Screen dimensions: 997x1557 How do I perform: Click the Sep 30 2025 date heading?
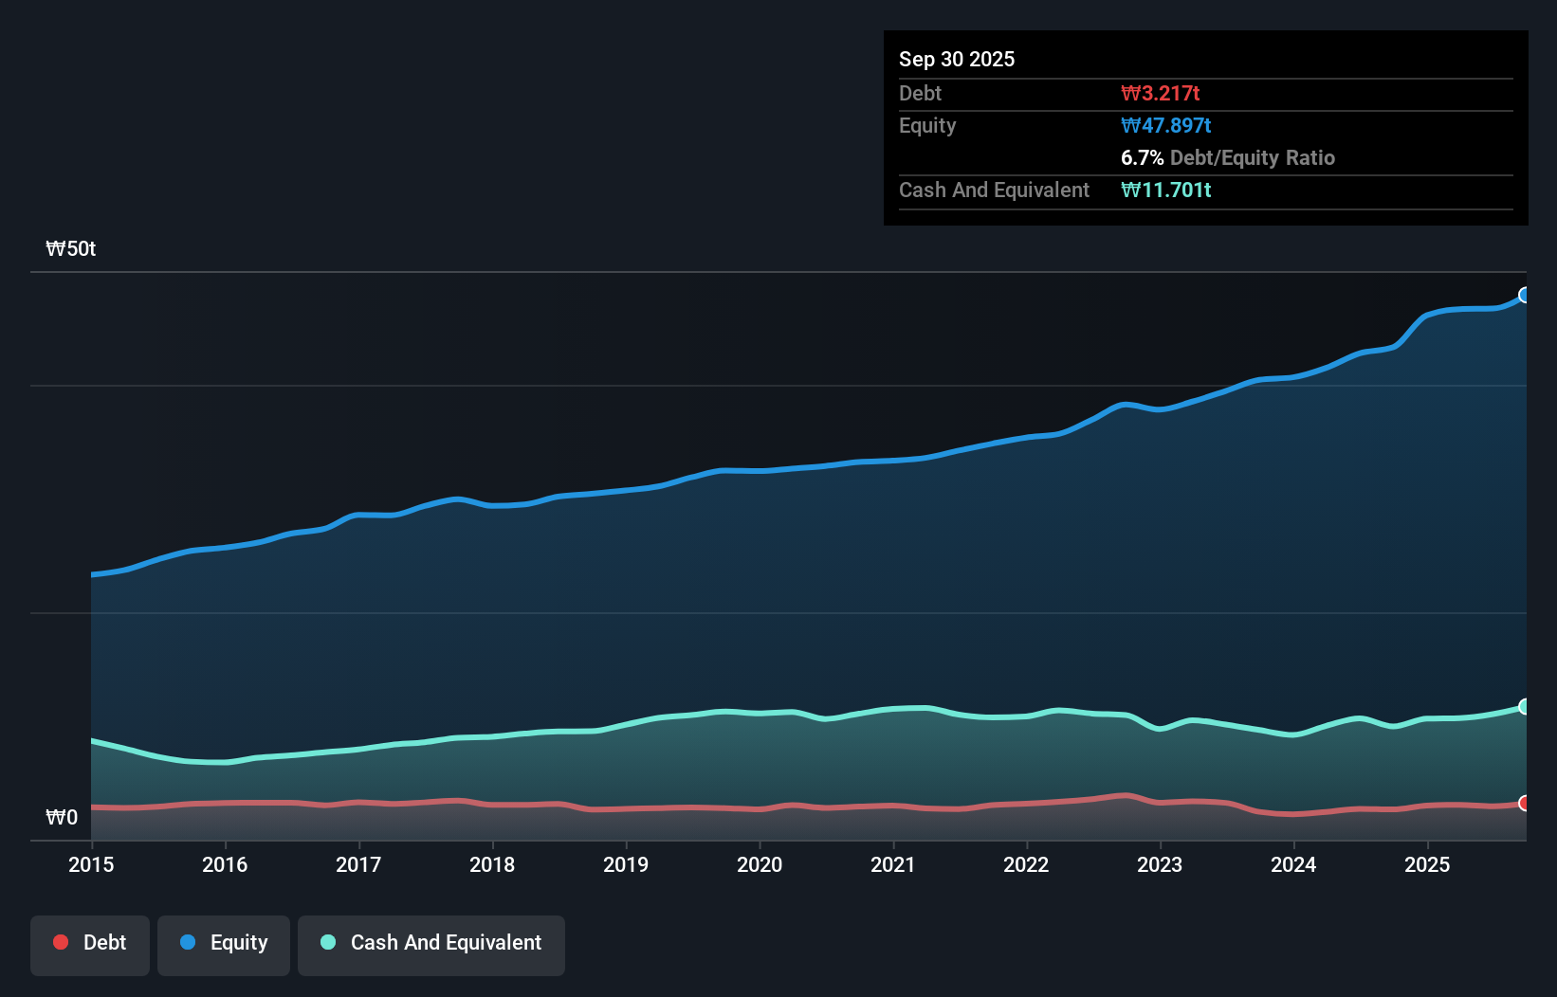(956, 59)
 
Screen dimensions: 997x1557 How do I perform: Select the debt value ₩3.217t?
(1160, 93)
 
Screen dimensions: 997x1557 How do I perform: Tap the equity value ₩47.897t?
(1165, 125)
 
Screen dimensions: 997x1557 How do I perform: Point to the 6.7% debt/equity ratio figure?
(1142, 157)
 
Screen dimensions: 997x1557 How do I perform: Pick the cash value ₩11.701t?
(1165, 190)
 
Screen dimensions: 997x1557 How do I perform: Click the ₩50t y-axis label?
(71, 248)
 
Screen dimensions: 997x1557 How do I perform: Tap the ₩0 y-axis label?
(62, 817)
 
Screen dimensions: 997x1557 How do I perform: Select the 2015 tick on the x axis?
(91, 864)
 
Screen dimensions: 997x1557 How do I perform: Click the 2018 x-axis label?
(492, 864)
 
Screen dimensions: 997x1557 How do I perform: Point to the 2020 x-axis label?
(760, 864)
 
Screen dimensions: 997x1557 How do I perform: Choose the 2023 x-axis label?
(1160, 864)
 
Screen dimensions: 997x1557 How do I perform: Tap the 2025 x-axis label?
(1427, 864)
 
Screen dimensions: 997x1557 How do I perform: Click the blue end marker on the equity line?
(1524, 295)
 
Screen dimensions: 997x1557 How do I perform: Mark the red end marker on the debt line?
(1524, 803)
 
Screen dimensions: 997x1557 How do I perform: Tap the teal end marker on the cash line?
(1524, 706)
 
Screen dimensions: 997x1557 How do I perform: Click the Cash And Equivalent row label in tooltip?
(994, 190)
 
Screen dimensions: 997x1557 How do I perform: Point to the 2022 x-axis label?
(1026, 864)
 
